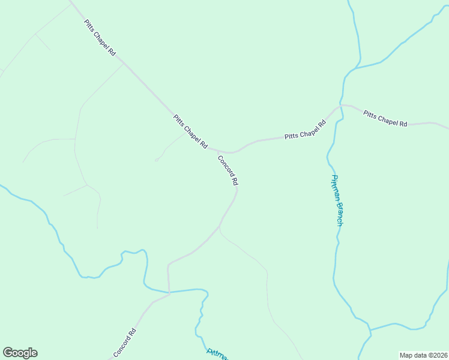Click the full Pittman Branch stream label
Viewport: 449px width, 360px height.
[337, 200]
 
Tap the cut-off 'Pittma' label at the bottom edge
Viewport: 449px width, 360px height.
[217, 353]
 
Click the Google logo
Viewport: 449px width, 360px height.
[20, 353]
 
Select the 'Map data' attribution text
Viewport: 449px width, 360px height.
[412, 355]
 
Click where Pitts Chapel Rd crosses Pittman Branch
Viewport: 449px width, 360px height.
[340, 106]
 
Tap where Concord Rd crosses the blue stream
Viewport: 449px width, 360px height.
[169, 293]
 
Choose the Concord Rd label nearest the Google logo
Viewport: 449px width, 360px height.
[124, 343]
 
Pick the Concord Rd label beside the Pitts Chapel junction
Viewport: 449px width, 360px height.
[228, 170]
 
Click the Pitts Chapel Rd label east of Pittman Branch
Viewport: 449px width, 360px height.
[385, 119]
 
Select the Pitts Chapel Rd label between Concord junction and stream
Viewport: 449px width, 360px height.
[305, 130]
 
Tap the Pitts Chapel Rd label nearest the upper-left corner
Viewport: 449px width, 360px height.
[100, 37]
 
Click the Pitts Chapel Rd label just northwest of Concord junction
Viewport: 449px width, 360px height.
[190, 132]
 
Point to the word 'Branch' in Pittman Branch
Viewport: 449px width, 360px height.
[340, 214]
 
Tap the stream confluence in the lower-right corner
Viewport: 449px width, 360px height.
[370, 329]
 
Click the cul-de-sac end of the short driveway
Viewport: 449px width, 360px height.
[156, 160]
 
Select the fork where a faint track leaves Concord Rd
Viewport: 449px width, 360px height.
[220, 228]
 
